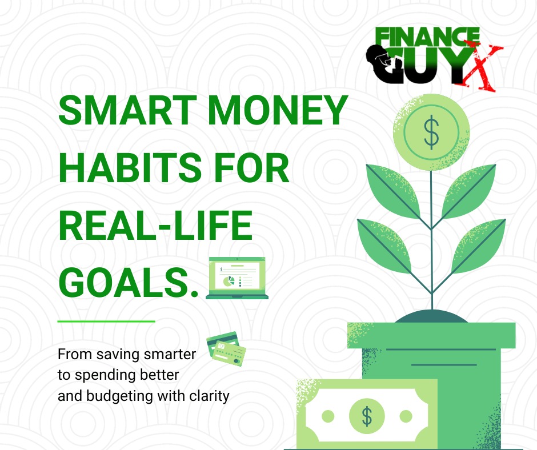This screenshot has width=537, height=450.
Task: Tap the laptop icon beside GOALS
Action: tap(237, 278)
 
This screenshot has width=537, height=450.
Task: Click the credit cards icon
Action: tap(226, 347)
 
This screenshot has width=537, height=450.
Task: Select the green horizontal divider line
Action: tap(106, 321)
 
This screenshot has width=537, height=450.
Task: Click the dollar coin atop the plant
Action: tap(431, 131)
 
